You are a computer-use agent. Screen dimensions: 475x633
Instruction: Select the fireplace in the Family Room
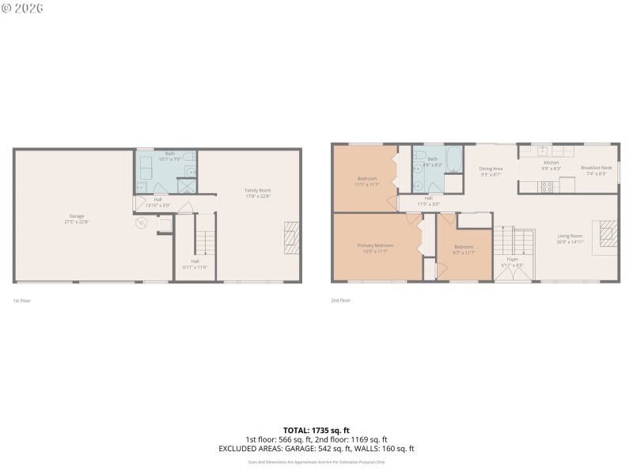(x=292, y=238)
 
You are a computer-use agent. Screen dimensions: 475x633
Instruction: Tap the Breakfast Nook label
(x=596, y=167)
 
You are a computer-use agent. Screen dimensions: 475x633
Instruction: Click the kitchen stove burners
(x=545, y=188)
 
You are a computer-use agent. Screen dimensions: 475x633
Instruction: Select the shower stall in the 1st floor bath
(x=187, y=187)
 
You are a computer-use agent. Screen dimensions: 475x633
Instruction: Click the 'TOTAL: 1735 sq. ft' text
(x=316, y=430)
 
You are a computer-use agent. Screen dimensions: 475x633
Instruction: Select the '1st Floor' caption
(x=21, y=301)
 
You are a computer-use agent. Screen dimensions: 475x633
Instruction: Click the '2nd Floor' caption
(x=340, y=301)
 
